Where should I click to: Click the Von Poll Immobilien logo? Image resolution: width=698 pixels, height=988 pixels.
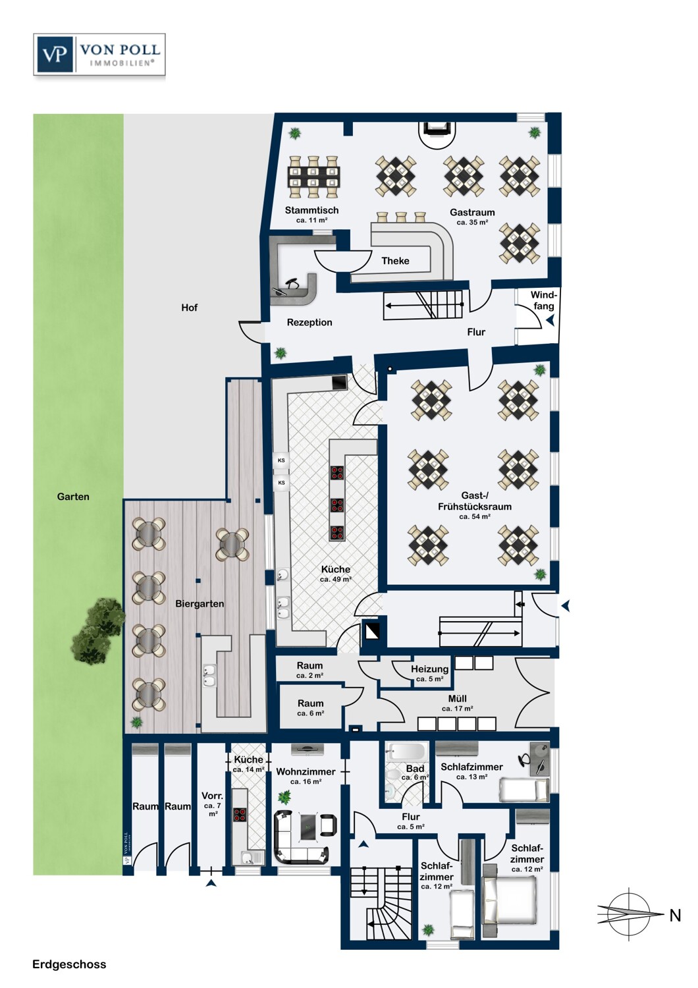(x=99, y=54)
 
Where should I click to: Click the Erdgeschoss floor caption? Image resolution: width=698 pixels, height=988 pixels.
(x=69, y=964)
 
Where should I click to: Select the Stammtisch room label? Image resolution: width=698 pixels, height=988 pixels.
(x=311, y=210)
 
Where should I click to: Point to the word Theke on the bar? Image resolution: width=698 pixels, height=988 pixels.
(x=395, y=261)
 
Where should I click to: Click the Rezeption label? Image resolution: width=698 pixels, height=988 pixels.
(x=309, y=323)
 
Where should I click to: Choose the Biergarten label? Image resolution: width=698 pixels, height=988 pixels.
(x=200, y=604)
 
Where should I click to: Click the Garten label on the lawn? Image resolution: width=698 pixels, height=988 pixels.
(x=73, y=497)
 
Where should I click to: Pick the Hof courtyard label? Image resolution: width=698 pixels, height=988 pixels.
(x=189, y=308)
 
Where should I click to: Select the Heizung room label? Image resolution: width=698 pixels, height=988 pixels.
(x=429, y=669)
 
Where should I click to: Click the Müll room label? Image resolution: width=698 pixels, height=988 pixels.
(x=457, y=699)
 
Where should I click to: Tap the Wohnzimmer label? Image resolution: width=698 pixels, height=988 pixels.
(x=306, y=772)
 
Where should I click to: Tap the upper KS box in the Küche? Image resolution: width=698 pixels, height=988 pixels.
(x=281, y=460)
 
